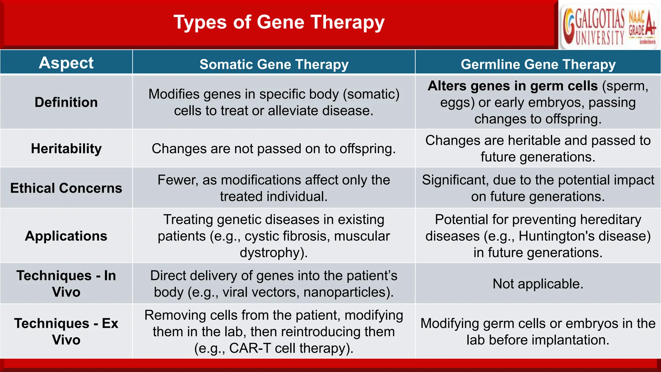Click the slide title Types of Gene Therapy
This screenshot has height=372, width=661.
[279, 23]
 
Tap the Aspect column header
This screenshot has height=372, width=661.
[66, 63]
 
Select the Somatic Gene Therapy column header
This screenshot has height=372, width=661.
[274, 64]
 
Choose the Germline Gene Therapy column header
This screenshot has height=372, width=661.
[538, 64]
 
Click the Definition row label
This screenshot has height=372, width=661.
[66, 102]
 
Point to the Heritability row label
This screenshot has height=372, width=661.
[66, 149]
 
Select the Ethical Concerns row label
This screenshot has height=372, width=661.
[66, 188]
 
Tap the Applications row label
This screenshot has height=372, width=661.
[66, 236]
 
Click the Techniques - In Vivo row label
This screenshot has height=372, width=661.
[66, 284]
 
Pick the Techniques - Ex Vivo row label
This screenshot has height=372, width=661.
[66, 331]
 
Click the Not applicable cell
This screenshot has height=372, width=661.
[538, 284]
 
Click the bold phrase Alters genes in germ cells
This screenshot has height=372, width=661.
[513, 86]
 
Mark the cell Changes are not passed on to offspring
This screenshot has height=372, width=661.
[274, 149]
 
